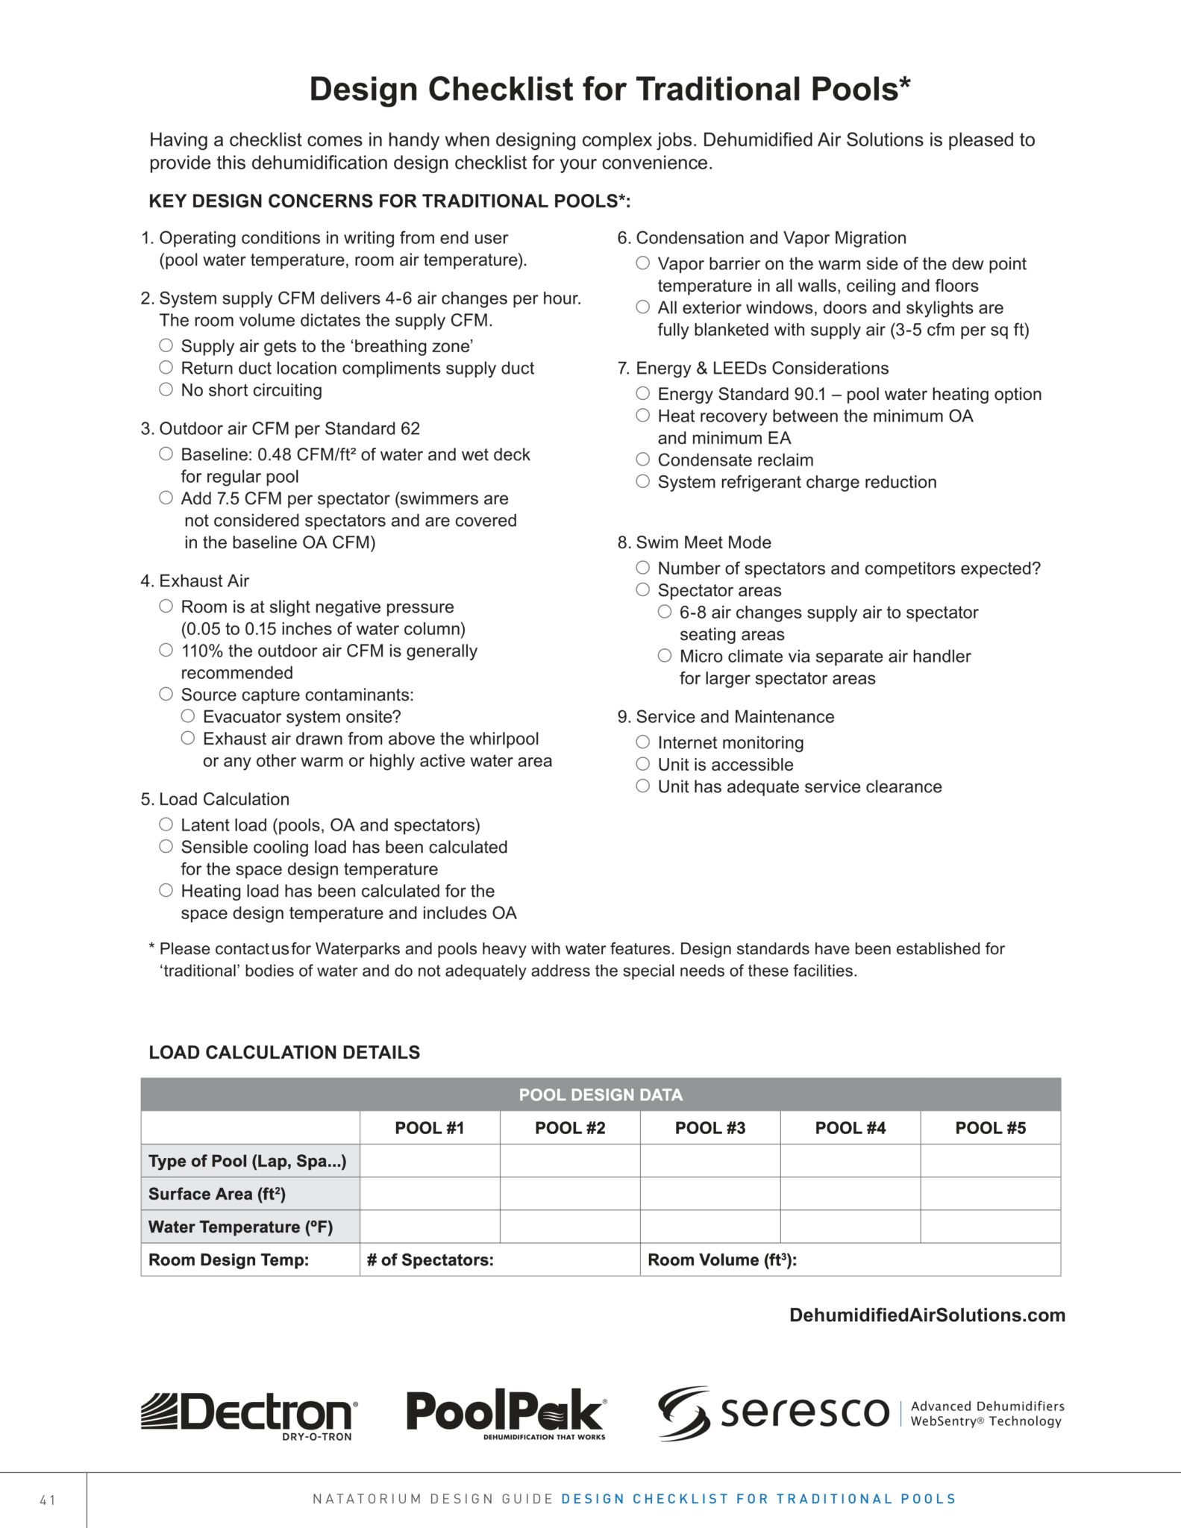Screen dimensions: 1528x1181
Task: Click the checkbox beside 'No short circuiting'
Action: tap(166, 389)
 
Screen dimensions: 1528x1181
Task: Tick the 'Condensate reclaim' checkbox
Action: tap(642, 460)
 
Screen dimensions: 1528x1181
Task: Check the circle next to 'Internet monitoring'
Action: tap(642, 742)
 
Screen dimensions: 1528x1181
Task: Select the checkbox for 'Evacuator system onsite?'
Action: tap(188, 716)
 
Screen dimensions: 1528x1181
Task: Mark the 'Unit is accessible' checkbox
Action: tap(642, 764)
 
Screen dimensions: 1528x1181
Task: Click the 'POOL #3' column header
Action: tap(709, 1127)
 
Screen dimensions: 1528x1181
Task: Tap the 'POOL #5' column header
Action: tap(990, 1127)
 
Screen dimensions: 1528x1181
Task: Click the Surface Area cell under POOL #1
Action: tap(430, 1194)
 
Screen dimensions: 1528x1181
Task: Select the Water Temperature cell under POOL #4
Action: tap(850, 1227)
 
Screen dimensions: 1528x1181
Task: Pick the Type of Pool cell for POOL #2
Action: tap(570, 1161)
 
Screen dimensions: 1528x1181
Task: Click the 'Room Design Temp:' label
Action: tap(228, 1259)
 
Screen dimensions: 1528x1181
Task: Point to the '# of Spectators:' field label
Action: tap(430, 1259)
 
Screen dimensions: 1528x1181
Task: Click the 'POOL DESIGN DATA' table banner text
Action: tap(601, 1095)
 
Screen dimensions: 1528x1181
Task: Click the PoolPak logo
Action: tap(507, 1412)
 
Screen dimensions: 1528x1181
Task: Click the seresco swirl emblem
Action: tap(684, 1412)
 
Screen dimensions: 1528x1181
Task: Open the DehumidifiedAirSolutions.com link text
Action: tap(927, 1315)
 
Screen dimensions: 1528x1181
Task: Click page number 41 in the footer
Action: tap(48, 1500)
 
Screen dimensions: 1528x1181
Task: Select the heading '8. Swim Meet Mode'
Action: tap(694, 542)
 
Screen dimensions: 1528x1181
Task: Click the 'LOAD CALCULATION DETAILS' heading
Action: tap(284, 1052)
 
